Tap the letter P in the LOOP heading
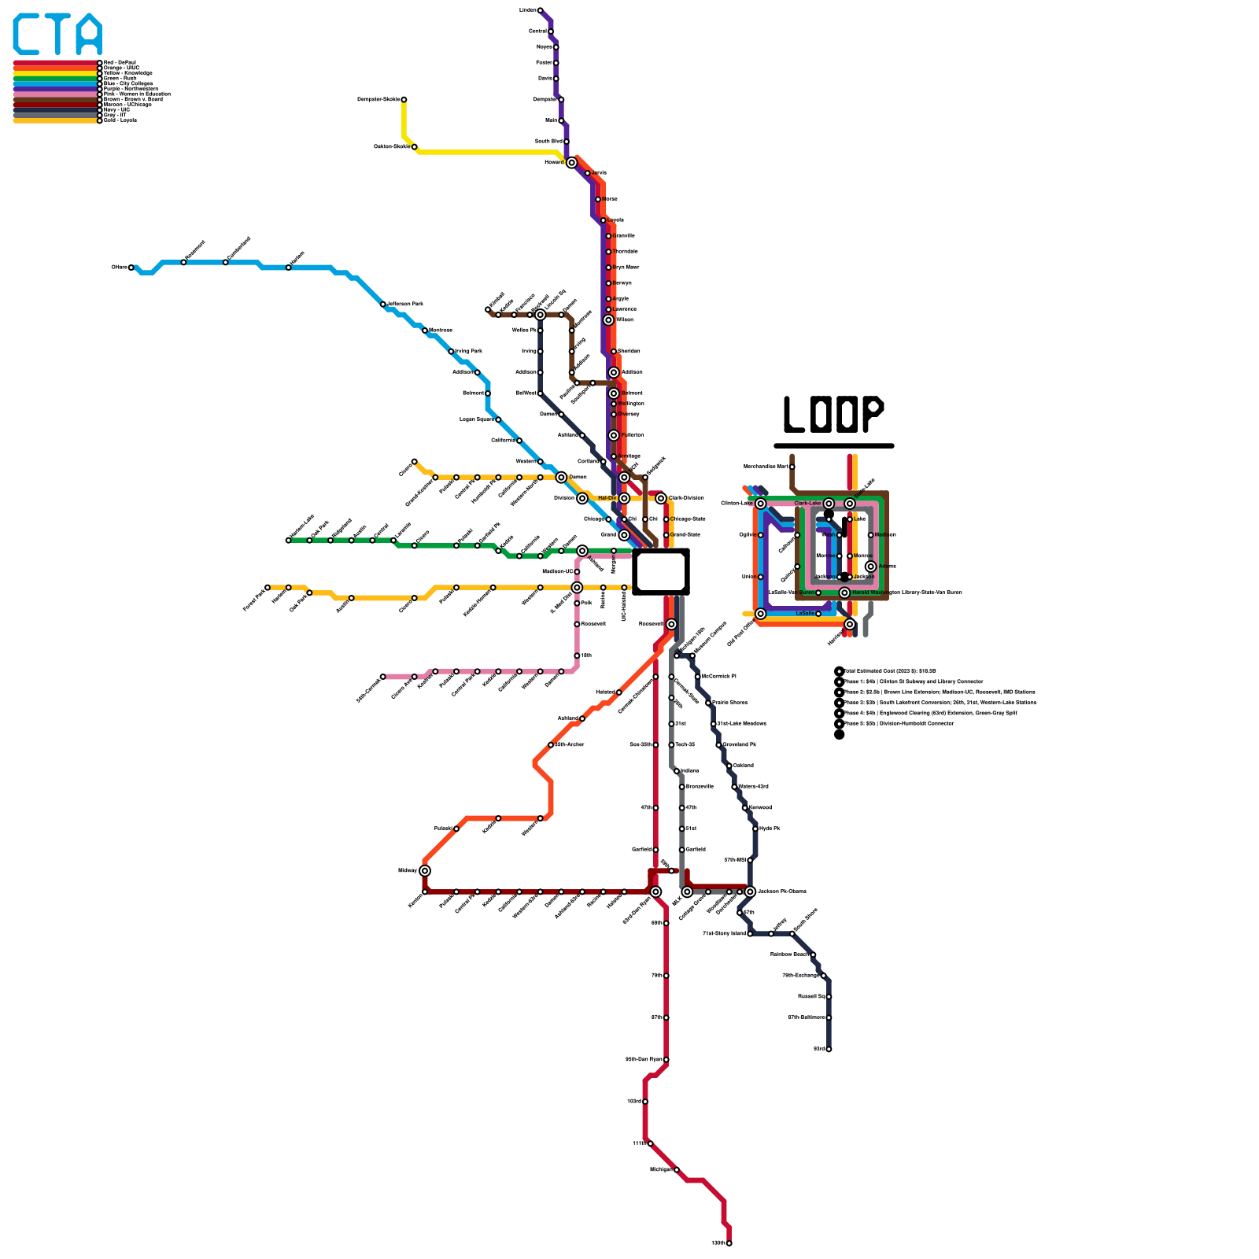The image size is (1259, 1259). pos(870,414)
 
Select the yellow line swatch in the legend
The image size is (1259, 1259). pos(55,73)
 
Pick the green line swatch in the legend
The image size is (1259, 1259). pos(55,79)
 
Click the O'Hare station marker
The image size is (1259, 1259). pos(131,268)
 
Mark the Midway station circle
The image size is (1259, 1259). pos(425,870)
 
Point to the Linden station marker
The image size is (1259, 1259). pos(540,10)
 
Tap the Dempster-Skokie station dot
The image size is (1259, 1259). pos(404,99)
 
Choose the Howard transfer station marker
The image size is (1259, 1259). pos(571,163)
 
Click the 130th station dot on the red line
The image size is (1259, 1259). pos(729,1243)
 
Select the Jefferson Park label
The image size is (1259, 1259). pos(405,304)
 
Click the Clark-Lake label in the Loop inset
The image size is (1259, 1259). pos(807,504)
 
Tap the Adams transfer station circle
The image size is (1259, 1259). pos(870,567)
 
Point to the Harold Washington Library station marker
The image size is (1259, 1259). pos(844,593)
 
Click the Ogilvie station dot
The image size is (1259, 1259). pos(760,535)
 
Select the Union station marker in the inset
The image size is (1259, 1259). pos(760,577)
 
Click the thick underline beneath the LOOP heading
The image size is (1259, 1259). pos(834,445)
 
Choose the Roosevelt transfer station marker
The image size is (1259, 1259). pos(671,624)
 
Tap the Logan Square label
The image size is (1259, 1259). pos(476,419)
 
